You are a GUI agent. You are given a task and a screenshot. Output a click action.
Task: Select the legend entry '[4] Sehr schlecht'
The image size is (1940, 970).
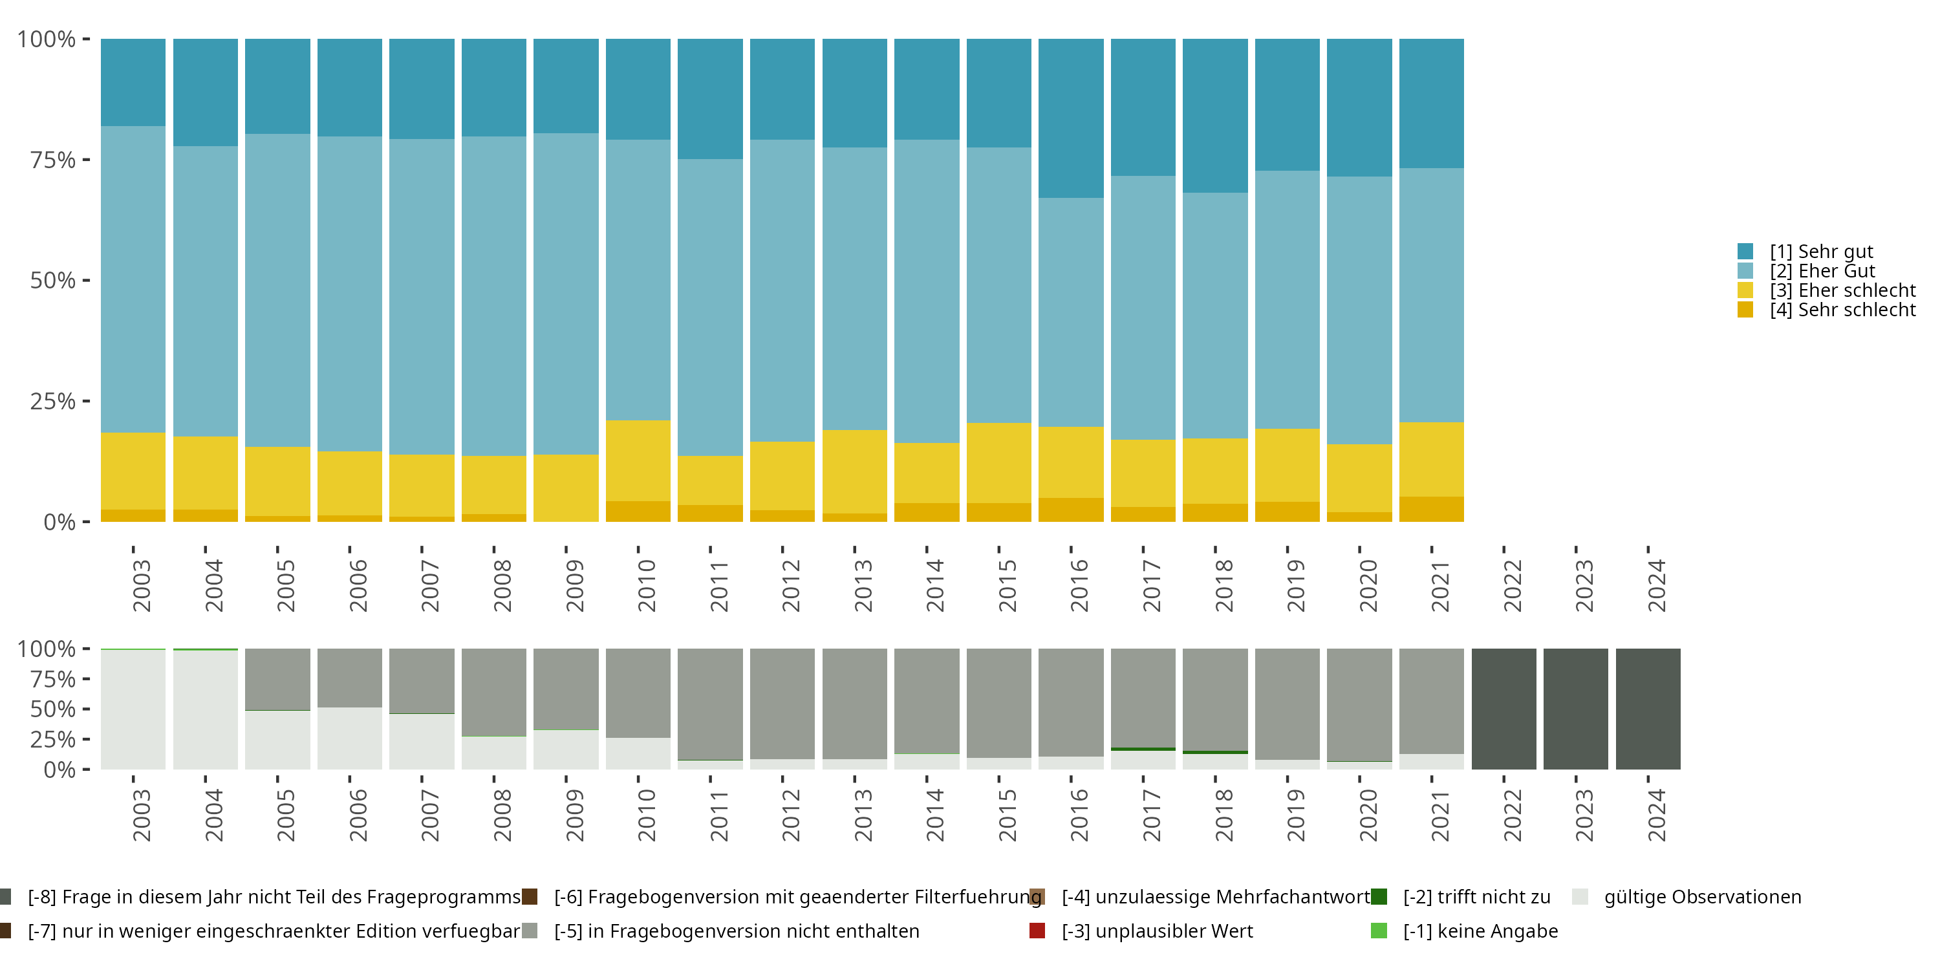click(1826, 310)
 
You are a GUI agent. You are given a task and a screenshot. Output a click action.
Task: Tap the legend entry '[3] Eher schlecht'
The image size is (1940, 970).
click(1826, 290)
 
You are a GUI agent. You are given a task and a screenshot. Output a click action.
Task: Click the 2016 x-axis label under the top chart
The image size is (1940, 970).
click(1079, 585)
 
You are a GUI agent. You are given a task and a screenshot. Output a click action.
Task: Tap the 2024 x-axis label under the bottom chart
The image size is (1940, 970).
click(1656, 815)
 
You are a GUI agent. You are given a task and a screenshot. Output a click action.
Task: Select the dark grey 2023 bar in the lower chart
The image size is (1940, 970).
click(1575, 709)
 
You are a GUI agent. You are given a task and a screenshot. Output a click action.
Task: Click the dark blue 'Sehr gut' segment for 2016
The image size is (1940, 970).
click(1071, 118)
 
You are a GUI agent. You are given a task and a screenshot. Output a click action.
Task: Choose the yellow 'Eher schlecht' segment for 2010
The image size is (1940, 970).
click(638, 461)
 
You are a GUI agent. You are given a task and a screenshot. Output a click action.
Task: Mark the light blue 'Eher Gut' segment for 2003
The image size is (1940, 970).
click(133, 279)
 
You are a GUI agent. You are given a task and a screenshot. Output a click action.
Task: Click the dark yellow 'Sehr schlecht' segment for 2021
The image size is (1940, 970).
click(1432, 509)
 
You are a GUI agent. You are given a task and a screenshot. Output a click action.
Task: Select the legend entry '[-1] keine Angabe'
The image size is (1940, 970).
click(1465, 931)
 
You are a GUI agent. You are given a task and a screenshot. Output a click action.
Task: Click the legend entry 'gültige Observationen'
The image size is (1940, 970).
click(1687, 897)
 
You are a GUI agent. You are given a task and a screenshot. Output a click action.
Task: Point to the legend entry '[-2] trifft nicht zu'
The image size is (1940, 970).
click(1461, 897)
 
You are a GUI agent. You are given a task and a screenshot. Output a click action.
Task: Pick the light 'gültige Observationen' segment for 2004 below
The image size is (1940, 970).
click(206, 709)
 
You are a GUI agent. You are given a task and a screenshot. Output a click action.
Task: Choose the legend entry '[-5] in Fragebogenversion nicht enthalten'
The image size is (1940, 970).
click(721, 931)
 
